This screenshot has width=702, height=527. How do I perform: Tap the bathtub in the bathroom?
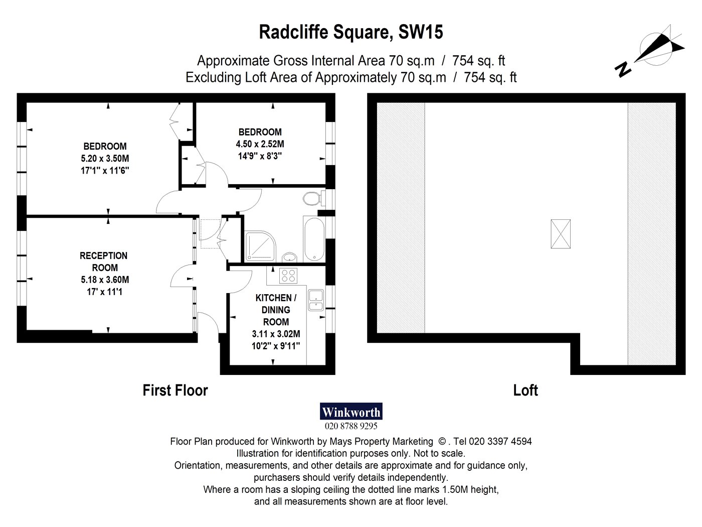pos(314,239)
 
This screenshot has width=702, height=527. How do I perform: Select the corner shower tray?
pos(260,246)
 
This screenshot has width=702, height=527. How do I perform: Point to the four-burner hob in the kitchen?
pos(288,276)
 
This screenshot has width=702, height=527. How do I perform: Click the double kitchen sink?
pos(316,300)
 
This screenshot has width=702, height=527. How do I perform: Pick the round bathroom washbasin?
pos(290,257)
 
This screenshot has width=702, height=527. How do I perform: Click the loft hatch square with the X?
pos(560,234)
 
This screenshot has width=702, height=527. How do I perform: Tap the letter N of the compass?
pos(623,69)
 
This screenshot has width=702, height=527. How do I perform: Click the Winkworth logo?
pos(351,411)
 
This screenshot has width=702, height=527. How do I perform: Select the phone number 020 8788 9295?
pos(351,426)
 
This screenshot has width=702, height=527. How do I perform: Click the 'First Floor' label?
pos(175,390)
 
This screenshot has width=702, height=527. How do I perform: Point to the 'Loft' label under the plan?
pos(525,390)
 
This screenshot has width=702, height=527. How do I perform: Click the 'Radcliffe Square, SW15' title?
pos(351,32)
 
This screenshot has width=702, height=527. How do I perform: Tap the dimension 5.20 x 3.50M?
pos(105,159)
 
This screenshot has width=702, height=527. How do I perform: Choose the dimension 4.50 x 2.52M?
pos(260,144)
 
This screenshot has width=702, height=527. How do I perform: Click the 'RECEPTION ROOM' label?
pos(104,261)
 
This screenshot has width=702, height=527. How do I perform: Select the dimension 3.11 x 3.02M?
pos(276,334)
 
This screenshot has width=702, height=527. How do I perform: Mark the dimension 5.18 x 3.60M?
pos(105,280)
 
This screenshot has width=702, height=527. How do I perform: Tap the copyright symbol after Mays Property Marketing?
pos(442,442)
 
